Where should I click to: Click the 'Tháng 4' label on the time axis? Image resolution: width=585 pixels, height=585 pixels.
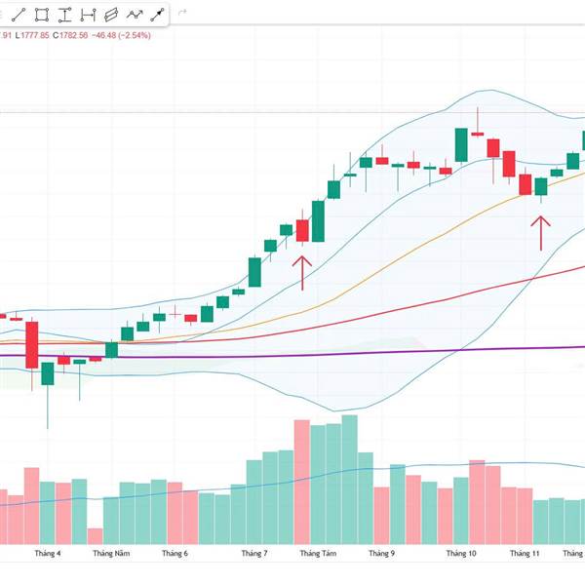(48, 554)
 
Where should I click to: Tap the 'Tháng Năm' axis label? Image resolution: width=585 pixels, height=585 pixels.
(111, 554)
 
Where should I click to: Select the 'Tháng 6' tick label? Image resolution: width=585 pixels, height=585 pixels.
(175, 554)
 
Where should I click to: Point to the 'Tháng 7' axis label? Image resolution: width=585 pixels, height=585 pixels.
(253, 554)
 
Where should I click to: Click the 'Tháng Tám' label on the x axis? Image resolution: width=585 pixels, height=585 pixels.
(318, 554)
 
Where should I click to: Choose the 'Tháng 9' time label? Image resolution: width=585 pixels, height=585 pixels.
(381, 554)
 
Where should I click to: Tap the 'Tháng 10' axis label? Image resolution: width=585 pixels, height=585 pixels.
(461, 554)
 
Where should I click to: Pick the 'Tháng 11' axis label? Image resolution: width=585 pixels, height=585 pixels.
(525, 554)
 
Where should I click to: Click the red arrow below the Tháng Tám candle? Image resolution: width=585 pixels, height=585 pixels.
(302, 273)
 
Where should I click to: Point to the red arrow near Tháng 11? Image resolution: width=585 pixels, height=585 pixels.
(540, 233)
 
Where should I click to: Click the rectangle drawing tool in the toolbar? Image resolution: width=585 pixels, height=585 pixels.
(42, 15)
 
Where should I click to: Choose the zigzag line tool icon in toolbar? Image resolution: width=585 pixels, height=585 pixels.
(134, 15)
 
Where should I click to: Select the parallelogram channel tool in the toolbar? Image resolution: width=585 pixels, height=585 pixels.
(110, 15)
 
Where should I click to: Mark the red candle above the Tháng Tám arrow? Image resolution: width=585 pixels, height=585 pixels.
(302, 231)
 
